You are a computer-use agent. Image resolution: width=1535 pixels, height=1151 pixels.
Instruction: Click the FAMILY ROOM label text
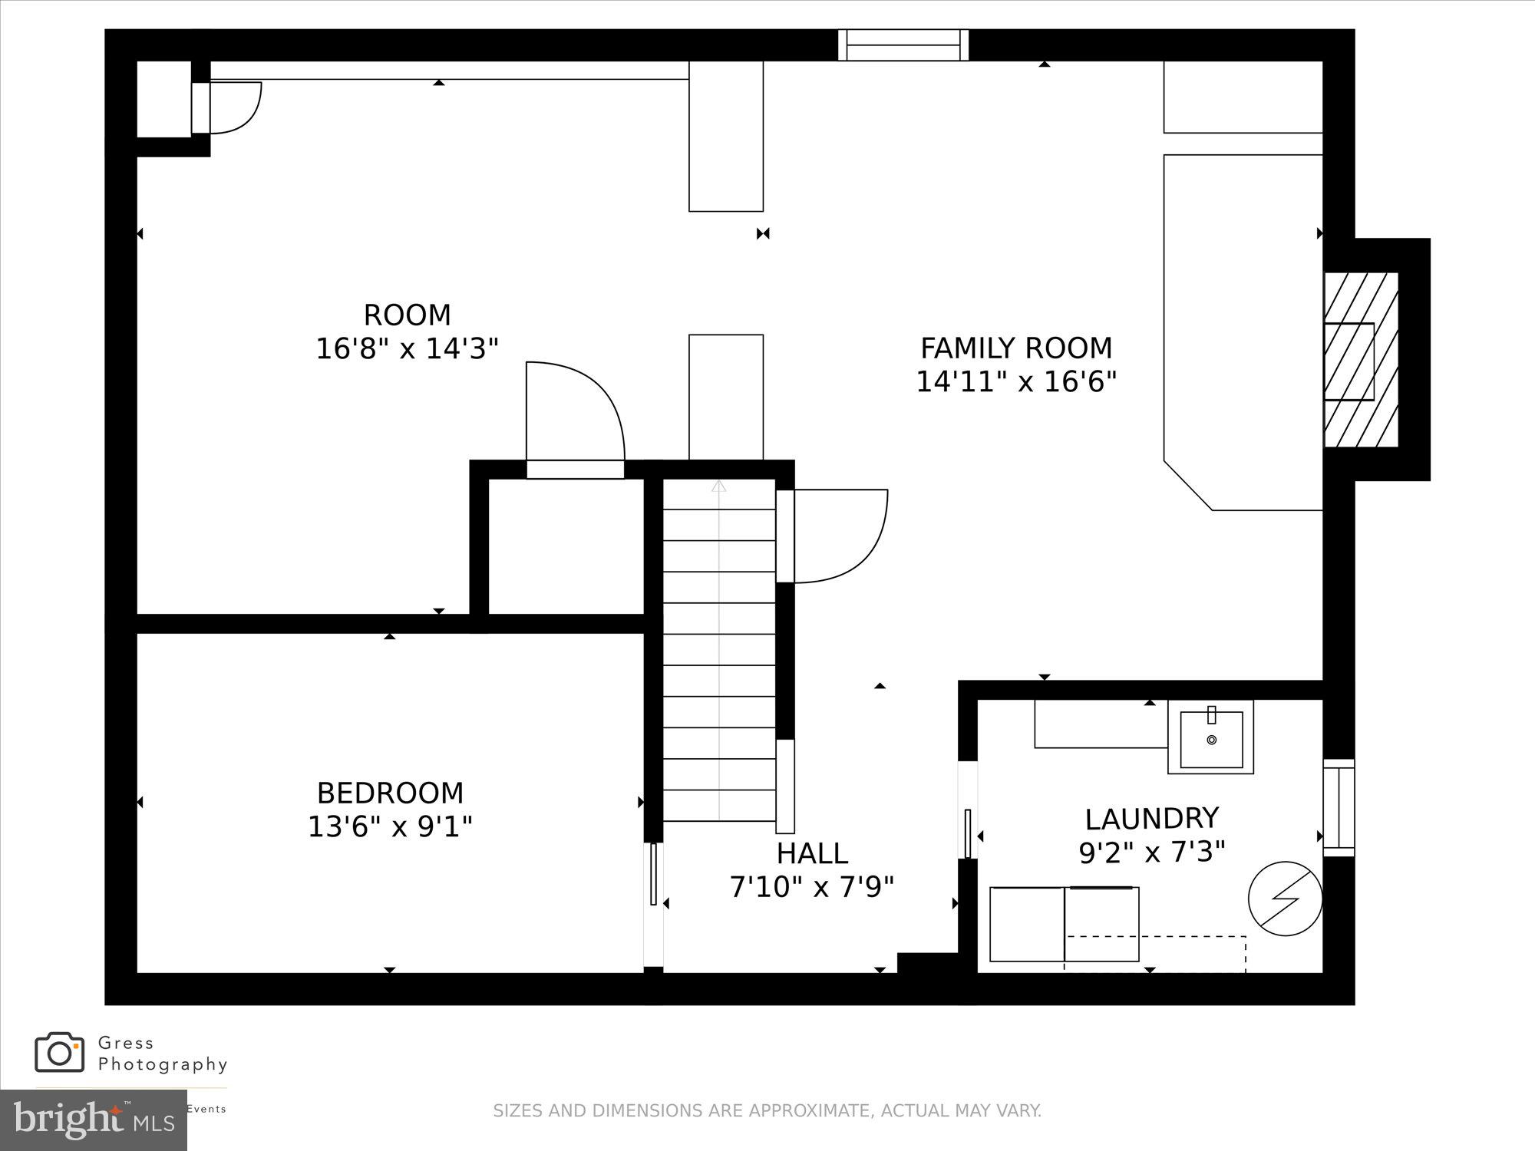(1015, 348)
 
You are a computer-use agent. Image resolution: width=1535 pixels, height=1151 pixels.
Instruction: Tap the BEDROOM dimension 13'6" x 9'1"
(390, 826)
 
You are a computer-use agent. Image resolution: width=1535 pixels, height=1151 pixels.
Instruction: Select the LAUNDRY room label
(1151, 819)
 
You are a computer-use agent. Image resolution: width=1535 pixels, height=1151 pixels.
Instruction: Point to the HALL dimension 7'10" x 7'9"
(811, 887)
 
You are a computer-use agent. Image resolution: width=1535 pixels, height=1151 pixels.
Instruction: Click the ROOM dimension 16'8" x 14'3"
(407, 349)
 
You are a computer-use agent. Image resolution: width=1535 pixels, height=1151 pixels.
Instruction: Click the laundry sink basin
(1211, 739)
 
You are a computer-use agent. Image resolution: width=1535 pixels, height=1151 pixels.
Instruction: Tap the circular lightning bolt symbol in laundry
(1285, 899)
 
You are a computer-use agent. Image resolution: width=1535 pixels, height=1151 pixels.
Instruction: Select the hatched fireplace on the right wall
(1360, 360)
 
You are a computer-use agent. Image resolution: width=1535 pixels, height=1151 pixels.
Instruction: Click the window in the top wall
(903, 45)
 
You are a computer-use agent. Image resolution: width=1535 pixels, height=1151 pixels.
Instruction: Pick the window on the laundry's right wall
(1339, 807)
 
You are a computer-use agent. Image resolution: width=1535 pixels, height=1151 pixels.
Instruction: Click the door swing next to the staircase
(837, 536)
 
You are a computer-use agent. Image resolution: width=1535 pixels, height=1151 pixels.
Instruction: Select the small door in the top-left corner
(230, 107)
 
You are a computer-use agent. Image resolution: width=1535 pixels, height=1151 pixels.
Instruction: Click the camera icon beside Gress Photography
(59, 1053)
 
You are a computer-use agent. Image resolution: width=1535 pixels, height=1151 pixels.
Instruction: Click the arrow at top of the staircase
(718, 486)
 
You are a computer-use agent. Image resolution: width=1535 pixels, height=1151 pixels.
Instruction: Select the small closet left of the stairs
(566, 546)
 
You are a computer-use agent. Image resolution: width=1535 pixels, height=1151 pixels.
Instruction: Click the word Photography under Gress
(163, 1064)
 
